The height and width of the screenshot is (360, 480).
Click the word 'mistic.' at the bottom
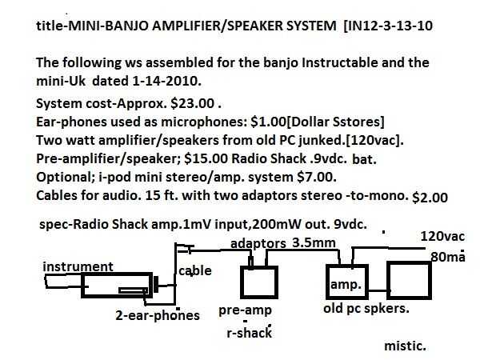[x=406, y=346]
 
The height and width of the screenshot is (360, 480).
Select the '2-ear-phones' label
[x=158, y=315]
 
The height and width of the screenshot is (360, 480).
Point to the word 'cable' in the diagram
[x=195, y=270]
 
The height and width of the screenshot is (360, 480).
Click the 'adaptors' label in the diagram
[x=258, y=242]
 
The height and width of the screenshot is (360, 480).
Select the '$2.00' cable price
[x=432, y=196]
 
